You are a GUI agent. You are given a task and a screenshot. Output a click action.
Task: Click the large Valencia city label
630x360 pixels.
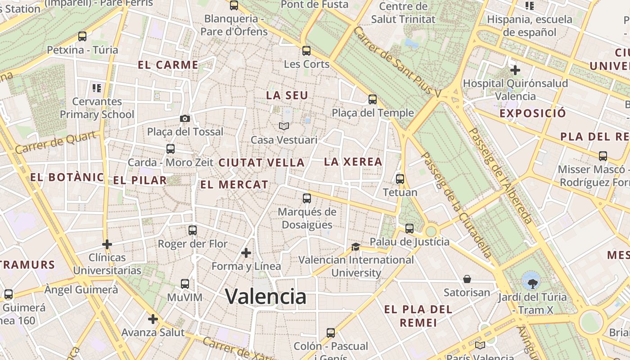pos(265,296)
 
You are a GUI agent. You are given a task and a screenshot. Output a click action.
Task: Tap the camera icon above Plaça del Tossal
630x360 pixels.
pos(184,119)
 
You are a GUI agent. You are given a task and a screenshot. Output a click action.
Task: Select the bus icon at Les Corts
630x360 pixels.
pos(306,50)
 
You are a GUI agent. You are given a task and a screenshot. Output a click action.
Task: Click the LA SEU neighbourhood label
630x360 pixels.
pos(287,95)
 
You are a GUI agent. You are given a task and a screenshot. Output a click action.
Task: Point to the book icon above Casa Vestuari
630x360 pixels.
pos(283,126)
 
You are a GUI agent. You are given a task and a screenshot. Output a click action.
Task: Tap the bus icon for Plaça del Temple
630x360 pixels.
pos(373,99)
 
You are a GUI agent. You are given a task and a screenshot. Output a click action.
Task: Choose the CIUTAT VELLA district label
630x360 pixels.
pos(261,163)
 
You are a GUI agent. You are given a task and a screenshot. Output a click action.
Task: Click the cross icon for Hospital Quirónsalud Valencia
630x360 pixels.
pos(515,70)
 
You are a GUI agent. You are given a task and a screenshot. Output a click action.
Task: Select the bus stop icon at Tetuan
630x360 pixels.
pos(400,179)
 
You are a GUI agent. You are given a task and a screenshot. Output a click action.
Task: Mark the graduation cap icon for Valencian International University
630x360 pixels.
pos(355,247)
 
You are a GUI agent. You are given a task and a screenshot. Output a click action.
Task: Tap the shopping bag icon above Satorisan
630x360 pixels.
pos(467,279)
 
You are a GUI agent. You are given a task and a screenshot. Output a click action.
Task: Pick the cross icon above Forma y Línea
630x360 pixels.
pos(246,253)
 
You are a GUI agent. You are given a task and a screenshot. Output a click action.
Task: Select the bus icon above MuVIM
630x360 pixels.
pos(185,284)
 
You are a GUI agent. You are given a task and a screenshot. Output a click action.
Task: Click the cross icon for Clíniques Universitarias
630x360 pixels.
pos(107,244)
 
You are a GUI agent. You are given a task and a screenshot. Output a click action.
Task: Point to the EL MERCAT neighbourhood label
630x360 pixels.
pos(234,184)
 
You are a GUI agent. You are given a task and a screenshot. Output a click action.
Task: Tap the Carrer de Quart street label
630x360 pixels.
pos(56,142)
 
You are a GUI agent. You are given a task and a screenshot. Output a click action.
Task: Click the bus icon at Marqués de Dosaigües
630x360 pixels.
pos(307,198)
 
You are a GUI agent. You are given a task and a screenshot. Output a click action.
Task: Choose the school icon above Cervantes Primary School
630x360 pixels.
pos(97,88)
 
